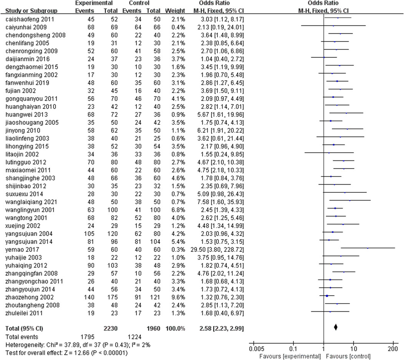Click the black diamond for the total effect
[336, 327]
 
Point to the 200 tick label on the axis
[393, 349]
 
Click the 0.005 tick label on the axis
[256, 349]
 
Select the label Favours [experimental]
[290, 356]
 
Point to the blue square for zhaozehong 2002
[327, 296]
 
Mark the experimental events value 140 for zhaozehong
[88, 297]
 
